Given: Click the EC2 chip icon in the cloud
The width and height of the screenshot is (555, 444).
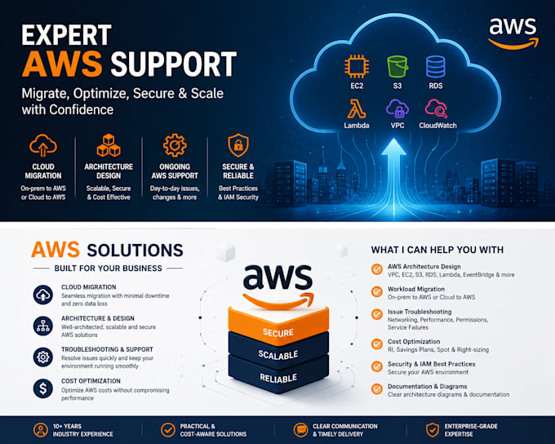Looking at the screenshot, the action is tap(357, 67).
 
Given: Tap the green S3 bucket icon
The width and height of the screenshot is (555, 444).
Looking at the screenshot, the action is tap(397, 67).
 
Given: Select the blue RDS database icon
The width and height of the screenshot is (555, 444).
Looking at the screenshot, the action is tap(436, 67).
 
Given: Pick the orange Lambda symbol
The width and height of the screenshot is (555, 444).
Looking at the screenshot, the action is tap(357, 109).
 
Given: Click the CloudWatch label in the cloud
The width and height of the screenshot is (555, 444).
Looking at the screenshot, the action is tap(437, 126).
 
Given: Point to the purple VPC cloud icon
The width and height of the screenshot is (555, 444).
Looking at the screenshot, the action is tap(397, 109).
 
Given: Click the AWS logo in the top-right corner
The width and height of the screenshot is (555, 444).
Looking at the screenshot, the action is tap(513, 33).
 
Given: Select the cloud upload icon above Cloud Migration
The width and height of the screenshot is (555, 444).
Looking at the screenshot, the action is tap(43, 145).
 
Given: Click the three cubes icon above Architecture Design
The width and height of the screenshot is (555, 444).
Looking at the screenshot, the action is tap(109, 145).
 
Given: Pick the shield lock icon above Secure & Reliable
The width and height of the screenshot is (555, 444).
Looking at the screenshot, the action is tap(238, 145).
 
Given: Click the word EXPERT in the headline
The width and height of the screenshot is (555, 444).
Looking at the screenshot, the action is tap(67, 35).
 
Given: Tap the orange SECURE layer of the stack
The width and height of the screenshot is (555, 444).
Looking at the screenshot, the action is tap(278, 326).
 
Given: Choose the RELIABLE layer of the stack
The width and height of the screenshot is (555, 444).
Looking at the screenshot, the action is tap(278, 376).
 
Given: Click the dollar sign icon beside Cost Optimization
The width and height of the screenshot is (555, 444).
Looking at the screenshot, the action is tap(43, 388).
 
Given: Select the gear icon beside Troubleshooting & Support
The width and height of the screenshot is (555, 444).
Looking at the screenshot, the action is tap(43, 357).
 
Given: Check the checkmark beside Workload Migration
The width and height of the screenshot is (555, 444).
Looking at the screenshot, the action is tap(377, 291).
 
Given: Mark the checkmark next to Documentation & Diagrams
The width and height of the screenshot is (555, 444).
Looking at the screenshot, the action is tap(377, 389).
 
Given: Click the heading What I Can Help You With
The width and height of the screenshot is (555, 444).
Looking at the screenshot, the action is tap(437, 250).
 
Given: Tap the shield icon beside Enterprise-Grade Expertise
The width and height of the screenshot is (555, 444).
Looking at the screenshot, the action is tap(433, 430).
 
